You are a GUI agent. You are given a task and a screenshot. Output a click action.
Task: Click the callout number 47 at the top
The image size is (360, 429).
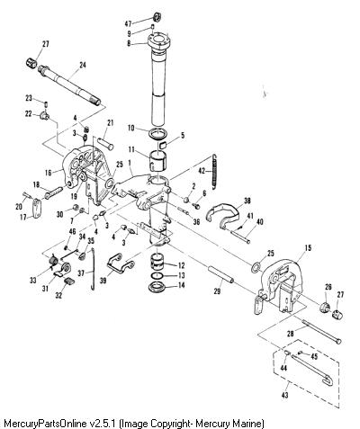[128, 23]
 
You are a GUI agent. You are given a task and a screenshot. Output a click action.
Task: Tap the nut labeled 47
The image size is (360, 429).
[157, 16]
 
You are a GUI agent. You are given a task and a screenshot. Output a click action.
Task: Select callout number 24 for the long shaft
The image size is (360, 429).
[83, 65]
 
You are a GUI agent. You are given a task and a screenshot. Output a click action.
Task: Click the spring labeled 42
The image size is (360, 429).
[214, 172]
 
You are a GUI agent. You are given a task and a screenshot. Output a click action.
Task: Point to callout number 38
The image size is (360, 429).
[247, 201]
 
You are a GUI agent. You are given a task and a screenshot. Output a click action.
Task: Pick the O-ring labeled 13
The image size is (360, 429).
[157, 275]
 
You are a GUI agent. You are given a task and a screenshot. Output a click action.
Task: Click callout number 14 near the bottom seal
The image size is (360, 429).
[181, 285]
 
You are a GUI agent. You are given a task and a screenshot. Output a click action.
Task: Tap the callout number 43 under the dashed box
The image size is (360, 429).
[284, 395]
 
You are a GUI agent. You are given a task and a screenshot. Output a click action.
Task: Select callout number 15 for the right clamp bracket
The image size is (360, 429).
[308, 247]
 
